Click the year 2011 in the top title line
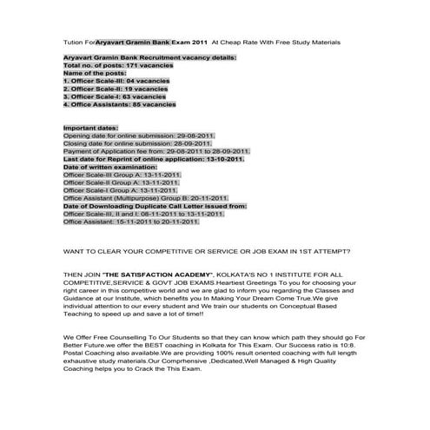tap(200, 41)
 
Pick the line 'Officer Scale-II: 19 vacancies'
tap(116, 89)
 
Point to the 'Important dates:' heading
tap(92, 129)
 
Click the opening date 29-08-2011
tap(195, 136)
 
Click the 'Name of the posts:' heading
tap(94, 74)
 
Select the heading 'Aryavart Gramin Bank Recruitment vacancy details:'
tap(149, 58)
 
